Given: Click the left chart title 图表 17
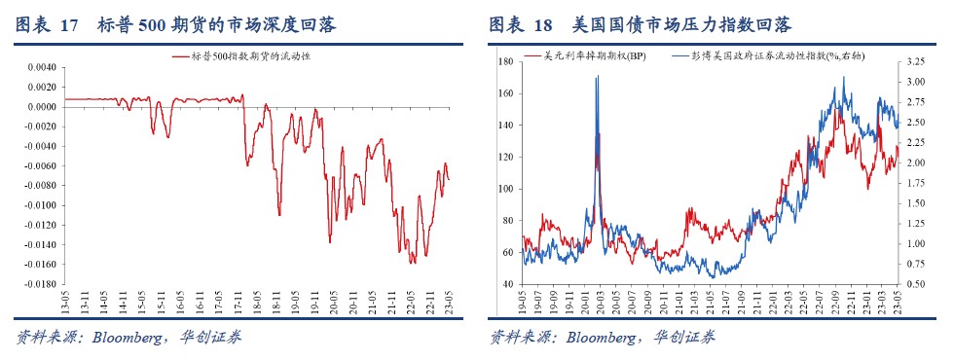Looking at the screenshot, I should point(45,25).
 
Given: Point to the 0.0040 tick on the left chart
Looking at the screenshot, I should point(42,67).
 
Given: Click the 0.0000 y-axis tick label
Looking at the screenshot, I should point(42,107).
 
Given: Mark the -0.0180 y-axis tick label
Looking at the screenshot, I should point(40,284).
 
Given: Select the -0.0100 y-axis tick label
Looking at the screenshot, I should point(40,205).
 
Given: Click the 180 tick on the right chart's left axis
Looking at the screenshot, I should point(504,61).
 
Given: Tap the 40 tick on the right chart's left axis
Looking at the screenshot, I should point(507,284).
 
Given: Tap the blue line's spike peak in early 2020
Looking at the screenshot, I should point(596,77).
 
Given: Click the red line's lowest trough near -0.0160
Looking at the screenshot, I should point(413,262).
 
